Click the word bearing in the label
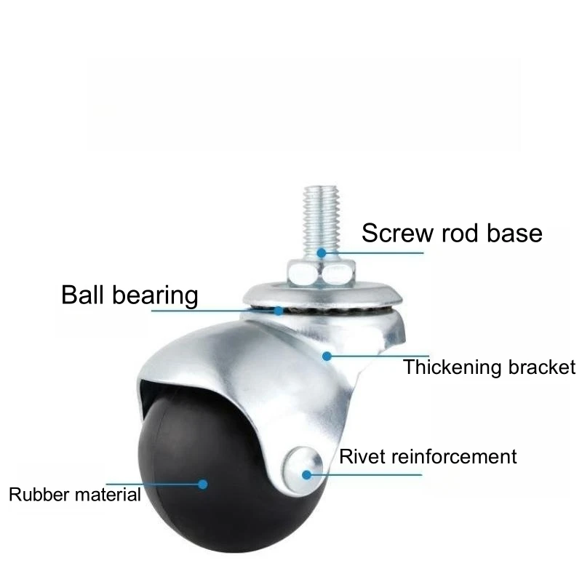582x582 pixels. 156,296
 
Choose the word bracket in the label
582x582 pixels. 541,367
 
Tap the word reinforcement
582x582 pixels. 454,457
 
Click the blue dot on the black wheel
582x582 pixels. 204,483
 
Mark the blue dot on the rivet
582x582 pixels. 307,475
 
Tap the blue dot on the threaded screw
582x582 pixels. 321,252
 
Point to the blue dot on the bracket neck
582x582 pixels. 327,356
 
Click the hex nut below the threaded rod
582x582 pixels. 320,273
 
